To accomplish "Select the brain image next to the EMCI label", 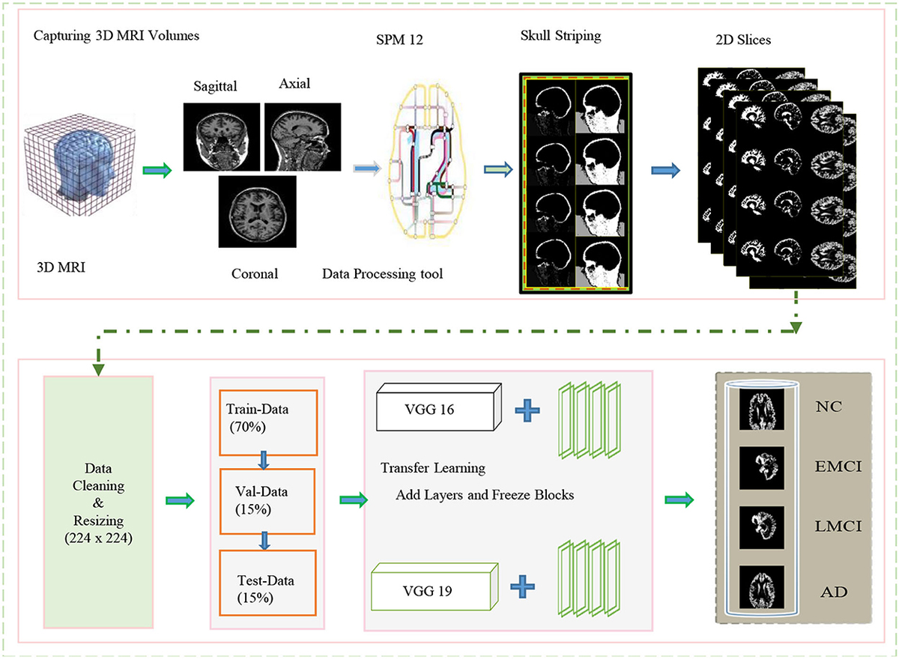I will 761,467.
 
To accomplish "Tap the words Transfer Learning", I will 433,468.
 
